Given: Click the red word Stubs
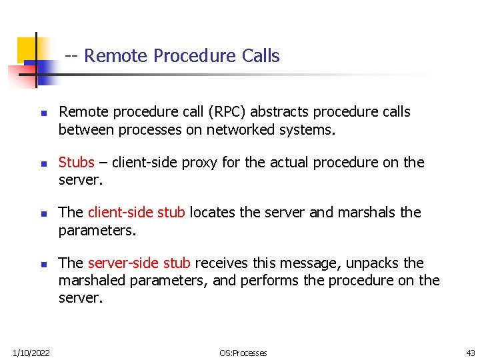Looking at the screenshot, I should click(76, 163).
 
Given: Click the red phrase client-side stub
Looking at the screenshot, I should click(137, 213).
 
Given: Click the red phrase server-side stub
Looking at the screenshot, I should click(139, 263).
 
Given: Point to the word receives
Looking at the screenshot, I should click(223, 263).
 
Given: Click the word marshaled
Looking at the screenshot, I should click(91, 281).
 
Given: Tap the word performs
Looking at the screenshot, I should click(272, 281).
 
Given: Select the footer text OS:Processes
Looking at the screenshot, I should click(244, 353).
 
